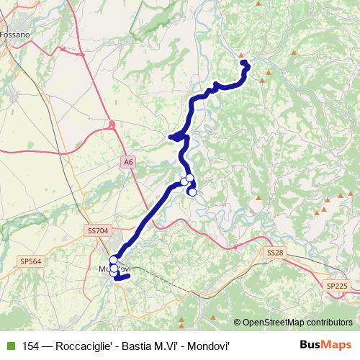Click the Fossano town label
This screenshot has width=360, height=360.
(x=16, y=34)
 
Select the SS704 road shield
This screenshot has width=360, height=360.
(x=96, y=230)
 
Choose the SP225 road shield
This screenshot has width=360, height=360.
(x=336, y=286)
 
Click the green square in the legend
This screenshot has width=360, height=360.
(x=9, y=345)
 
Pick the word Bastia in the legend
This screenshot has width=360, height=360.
(x=141, y=345)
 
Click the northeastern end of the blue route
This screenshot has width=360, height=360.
(x=243, y=61)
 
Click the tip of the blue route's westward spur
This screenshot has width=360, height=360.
(x=171, y=136)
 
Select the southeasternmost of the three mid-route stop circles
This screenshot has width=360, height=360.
(x=192, y=192)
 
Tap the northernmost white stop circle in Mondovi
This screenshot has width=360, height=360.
(x=113, y=259)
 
